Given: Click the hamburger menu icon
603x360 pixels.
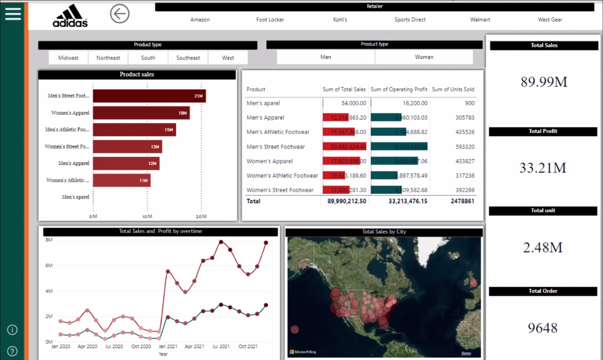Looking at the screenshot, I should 13,13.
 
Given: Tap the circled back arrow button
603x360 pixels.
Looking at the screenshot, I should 119,13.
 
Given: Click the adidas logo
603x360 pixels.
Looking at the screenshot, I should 70,15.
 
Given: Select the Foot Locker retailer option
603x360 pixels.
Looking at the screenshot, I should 270,20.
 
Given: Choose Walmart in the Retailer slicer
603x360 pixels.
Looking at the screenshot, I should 480,20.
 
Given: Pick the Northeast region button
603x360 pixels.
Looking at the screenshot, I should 108,58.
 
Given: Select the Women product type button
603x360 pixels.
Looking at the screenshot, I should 424,57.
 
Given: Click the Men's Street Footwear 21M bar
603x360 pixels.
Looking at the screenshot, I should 149,96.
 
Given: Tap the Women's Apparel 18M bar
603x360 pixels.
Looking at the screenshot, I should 141,113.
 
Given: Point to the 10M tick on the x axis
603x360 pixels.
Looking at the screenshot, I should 147,216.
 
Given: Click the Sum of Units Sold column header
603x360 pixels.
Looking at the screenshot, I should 453,89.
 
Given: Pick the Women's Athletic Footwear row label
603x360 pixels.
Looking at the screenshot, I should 282,175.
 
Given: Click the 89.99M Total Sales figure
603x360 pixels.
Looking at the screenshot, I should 544,81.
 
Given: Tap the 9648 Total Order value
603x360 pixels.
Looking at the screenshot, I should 542,328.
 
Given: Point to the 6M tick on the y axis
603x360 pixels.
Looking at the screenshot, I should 49,266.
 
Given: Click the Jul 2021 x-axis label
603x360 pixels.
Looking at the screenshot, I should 221,346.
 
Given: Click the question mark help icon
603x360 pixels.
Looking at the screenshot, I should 13,351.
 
